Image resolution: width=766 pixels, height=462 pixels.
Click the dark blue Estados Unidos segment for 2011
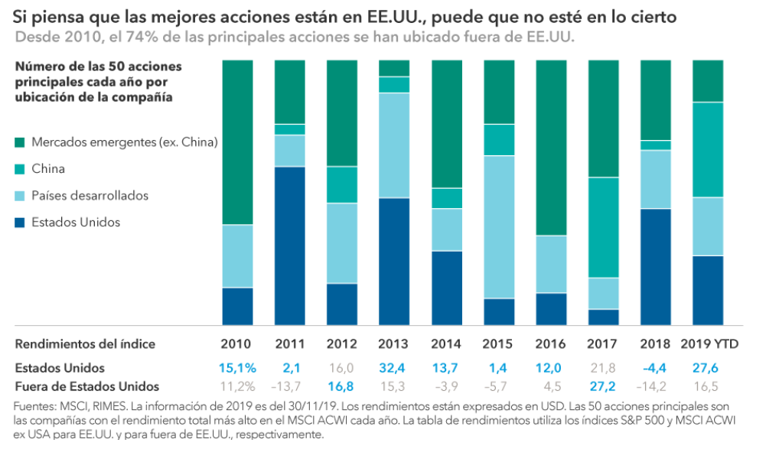click(x=289, y=245)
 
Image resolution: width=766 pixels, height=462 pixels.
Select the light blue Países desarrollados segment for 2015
click(x=498, y=226)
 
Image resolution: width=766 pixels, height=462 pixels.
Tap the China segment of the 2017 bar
click(x=602, y=227)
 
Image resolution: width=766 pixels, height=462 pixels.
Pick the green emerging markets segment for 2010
click(x=237, y=142)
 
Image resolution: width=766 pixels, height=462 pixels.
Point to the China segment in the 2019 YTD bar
click(x=707, y=149)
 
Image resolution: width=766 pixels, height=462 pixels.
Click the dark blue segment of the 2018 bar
click(x=655, y=266)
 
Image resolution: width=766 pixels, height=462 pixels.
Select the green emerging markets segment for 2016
click(x=550, y=147)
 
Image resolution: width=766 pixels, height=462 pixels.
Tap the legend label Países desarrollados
click(x=90, y=196)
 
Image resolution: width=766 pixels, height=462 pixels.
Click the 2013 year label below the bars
click(x=393, y=344)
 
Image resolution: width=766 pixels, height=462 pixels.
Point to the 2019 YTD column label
click(x=707, y=344)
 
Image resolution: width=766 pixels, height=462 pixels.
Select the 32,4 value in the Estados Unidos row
click(x=393, y=368)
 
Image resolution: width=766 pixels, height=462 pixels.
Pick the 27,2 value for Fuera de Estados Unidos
click(x=602, y=386)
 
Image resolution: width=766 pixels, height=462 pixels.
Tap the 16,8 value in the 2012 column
click(x=341, y=386)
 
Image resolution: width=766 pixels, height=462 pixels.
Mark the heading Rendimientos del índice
click(x=85, y=344)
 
